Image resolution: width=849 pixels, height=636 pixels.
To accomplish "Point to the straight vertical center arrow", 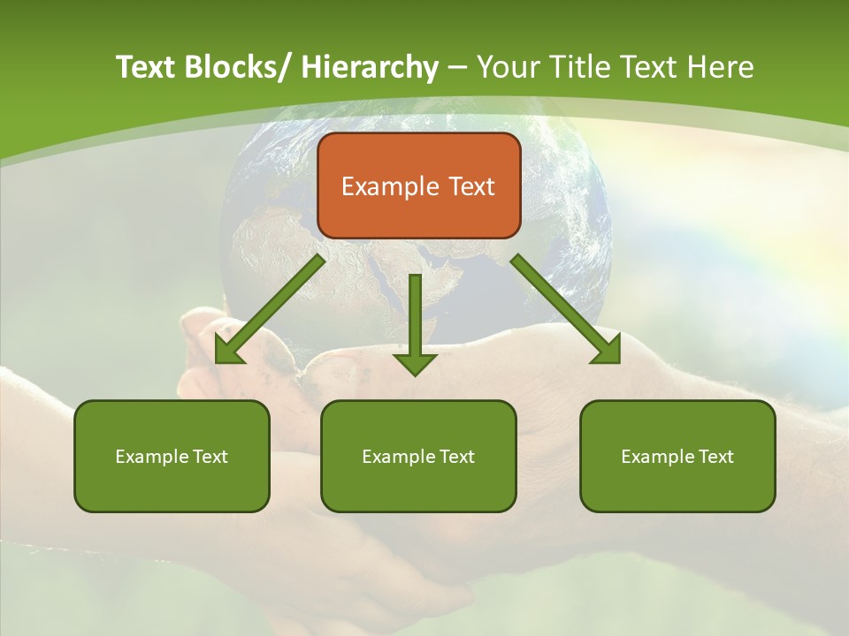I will (415, 314).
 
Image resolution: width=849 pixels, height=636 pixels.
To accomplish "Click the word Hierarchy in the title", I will (370, 67).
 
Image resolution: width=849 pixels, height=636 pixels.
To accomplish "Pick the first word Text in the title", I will (147, 67).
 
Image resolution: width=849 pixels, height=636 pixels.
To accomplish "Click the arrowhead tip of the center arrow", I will (415, 373).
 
